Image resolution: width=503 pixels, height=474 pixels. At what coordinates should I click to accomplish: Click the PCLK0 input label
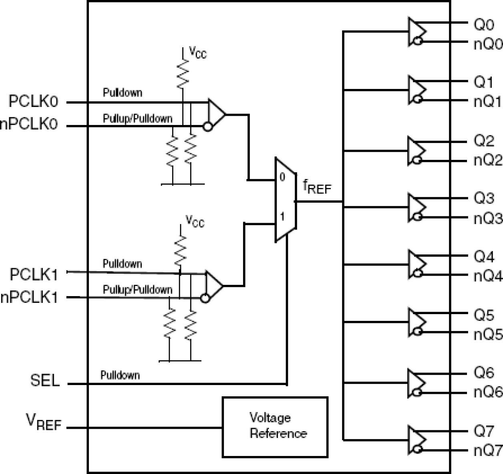click(x=34, y=102)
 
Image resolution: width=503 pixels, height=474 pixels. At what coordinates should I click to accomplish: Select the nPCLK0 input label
click(x=29, y=125)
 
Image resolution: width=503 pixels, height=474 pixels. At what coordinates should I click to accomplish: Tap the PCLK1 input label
click(x=34, y=275)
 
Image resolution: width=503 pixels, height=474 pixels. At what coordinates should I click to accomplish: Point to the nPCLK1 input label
click(x=29, y=298)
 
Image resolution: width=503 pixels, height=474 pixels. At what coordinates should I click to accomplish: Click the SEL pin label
click(x=45, y=380)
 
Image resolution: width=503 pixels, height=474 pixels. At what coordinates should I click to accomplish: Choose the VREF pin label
click(x=44, y=422)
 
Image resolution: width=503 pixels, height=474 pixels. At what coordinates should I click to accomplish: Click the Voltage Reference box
click(x=275, y=427)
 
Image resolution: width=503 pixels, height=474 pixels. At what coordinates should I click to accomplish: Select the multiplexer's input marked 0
click(x=282, y=177)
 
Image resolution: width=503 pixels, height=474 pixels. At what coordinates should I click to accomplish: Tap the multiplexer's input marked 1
click(x=282, y=217)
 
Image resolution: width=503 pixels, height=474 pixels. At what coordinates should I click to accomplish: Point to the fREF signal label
click(x=317, y=187)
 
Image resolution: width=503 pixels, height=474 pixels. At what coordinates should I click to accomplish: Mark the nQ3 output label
click(x=487, y=219)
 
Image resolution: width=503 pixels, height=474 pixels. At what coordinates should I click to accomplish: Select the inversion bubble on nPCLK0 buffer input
click(x=207, y=127)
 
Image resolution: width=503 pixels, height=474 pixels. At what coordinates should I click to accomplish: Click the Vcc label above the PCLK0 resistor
click(x=197, y=52)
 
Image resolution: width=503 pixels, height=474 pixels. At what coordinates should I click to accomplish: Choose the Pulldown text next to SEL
click(x=120, y=375)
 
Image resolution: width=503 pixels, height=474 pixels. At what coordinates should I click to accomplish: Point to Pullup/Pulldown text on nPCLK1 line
click(x=137, y=290)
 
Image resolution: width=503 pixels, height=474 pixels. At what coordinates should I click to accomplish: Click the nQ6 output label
click(x=487, y=392)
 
